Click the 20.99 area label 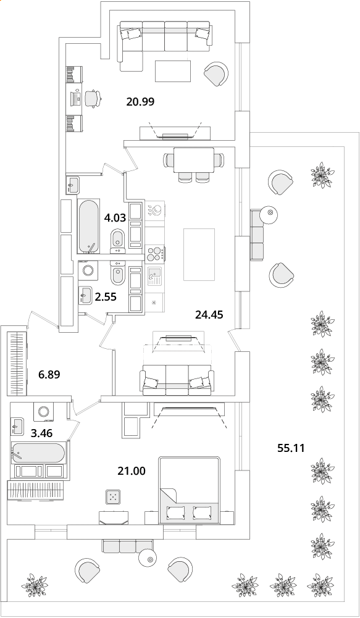tap(140, 102)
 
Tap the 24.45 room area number tap(209, 314)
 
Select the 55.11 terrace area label tap(291, 448)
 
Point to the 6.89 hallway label tap(49, 374)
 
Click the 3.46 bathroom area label tap(41, 433)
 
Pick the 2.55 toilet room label tap(106, 297)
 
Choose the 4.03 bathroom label tap(115, 218)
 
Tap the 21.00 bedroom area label tap(132, 470)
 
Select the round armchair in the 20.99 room tap(216, 73)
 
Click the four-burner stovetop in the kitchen tap(155, 254)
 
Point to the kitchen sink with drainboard tap(155, 277)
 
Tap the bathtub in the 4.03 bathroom tap(88, 227)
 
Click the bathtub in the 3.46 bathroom tap(38, 453)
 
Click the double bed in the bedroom tap(190, 490)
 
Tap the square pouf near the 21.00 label tap(114, 497)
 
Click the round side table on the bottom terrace tap(149, 559)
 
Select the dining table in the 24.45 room tap(194, 160)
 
